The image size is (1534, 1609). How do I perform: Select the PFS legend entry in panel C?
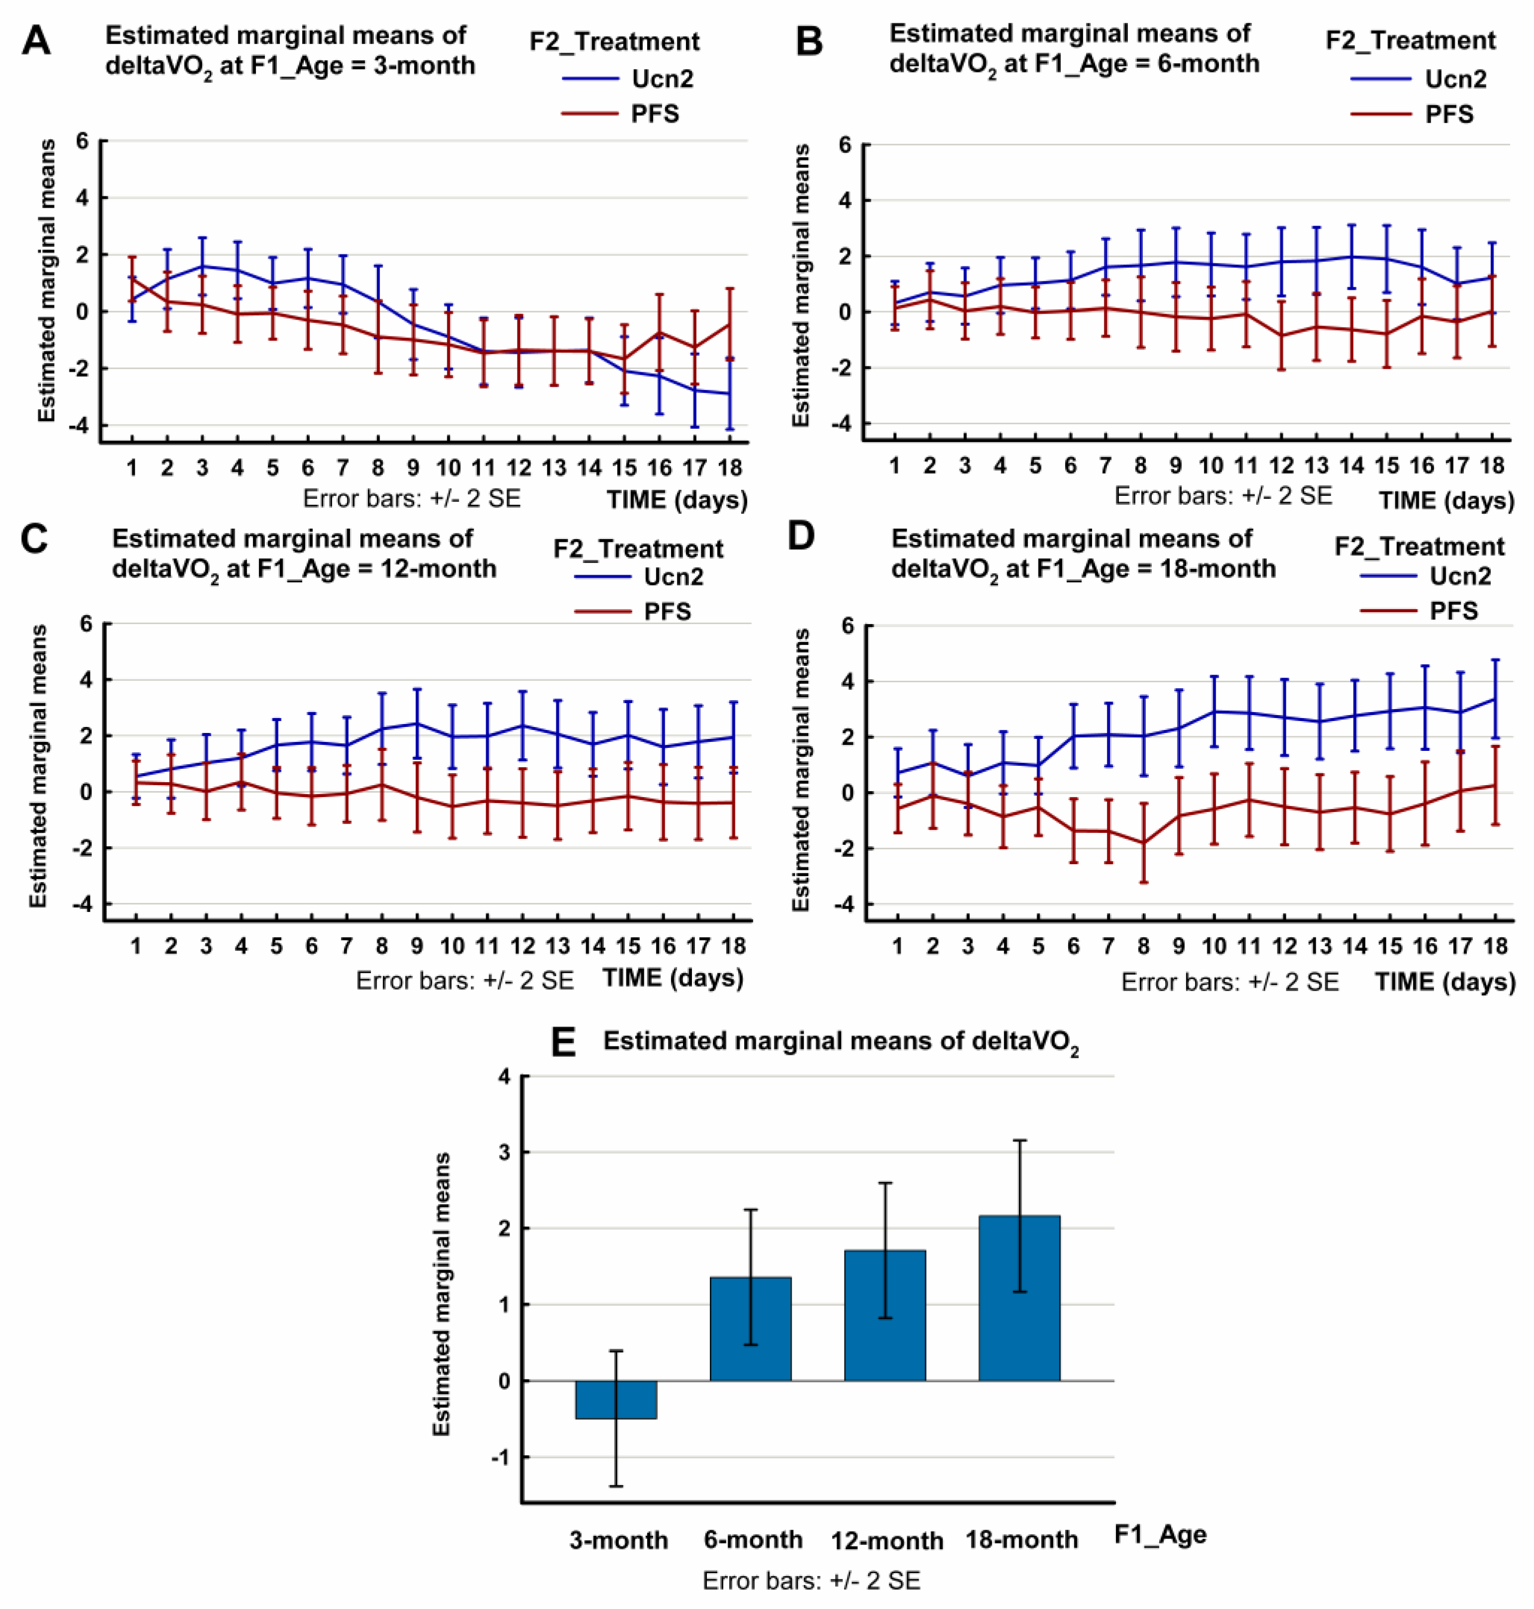667,612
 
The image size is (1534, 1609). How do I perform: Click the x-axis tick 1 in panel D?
898,946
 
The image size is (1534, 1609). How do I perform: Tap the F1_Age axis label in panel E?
1160,1534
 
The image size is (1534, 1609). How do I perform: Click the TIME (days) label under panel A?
676,499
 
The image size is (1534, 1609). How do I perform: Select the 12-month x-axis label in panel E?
887,1541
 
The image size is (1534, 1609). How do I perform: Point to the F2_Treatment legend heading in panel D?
1419,546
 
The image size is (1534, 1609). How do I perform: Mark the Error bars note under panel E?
811,1580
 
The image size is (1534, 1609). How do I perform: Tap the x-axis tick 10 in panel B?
1210,466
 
